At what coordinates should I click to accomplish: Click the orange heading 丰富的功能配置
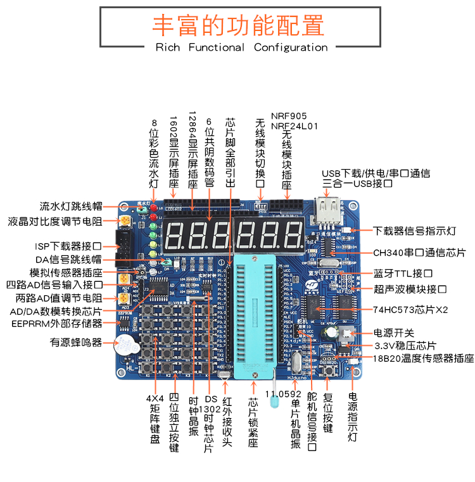coord(238,26)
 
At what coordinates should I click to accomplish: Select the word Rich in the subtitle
coord(168,48)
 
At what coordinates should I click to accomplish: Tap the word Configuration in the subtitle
coord(291,48)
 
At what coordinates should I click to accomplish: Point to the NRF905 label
coord(288,116)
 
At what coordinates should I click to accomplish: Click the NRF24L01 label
coord(294,126)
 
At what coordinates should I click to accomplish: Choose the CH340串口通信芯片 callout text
coord(419,252)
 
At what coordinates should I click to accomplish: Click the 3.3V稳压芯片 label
coord(405,346)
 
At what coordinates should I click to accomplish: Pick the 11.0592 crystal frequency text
coord(283,393)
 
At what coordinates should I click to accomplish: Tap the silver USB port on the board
coord(328,209)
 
